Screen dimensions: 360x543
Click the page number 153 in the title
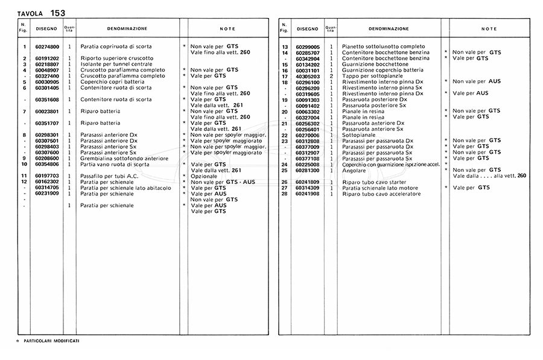58,12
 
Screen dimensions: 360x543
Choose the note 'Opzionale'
204,175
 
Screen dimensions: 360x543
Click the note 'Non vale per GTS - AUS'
223,182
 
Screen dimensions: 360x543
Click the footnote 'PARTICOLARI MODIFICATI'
51,341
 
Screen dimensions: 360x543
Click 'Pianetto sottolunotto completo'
378,46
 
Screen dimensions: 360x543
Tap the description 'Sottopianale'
359,135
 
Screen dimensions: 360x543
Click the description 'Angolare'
354,170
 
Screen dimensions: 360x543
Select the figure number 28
284,194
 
